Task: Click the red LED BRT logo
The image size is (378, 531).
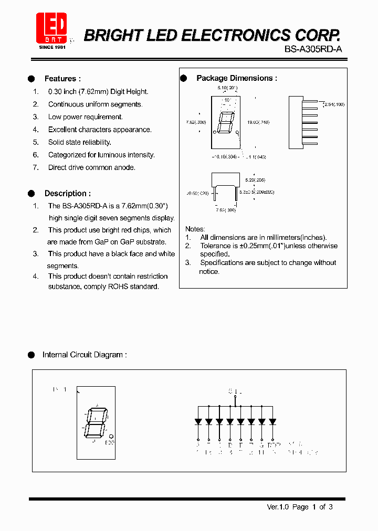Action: (x=51, y=28)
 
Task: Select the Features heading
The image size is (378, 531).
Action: (x=62, y=79)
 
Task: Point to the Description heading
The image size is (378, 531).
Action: (x=67, y=193)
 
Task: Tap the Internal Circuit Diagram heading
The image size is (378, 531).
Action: (x=84, y=355)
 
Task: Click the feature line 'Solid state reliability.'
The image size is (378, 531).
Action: (x=79, y=142)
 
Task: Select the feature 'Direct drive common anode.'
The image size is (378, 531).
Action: (x=91, y=167)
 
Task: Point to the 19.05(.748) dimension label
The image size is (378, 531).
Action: (x=259, y=122)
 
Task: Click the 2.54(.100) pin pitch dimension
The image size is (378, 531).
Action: (x=333, y=105)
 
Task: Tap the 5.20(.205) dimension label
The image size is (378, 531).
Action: (x=256, y=179)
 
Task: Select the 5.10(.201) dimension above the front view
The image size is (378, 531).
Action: (x=227, y=88)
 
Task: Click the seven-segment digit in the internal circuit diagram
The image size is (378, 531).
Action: (x=96, y=422)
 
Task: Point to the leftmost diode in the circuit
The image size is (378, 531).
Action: (x=198, y=421)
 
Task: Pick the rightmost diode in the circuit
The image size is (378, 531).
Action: (x=272, y=421)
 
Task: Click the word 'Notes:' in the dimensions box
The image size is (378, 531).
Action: (x=195, y=229)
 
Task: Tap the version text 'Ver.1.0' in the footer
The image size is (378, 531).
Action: (x=278, y=507)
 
